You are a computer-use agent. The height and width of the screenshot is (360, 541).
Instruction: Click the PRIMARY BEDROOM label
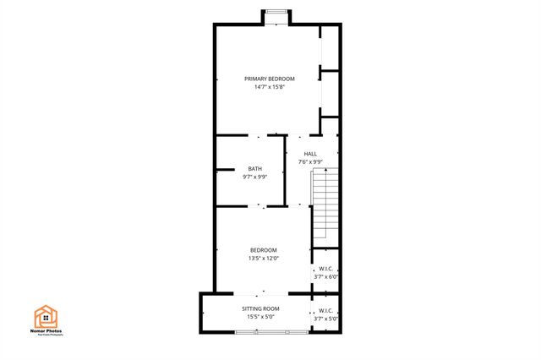(x=263, y=79)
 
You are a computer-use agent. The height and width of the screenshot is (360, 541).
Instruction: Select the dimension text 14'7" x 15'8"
(x=263, y=87)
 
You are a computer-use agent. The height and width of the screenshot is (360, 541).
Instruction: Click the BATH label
(x=254, y=169)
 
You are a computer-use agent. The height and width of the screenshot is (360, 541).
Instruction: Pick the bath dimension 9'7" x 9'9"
(x=254, y=177)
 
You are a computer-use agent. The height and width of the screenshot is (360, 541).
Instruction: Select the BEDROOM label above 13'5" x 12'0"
(x=263, y=250)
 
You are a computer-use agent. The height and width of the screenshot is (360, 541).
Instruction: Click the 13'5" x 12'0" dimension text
(x=263, y=259)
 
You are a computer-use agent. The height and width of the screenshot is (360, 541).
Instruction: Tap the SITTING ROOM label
(x=260, y=309)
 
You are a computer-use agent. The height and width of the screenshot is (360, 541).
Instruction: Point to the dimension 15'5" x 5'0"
(x=260, y=318)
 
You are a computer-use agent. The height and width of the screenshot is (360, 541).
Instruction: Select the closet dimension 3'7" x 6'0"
(x=326, y=277)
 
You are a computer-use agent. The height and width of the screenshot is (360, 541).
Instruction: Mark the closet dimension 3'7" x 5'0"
(x=326, y=319)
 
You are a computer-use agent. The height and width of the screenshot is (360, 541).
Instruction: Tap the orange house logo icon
(x=46, y=315)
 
